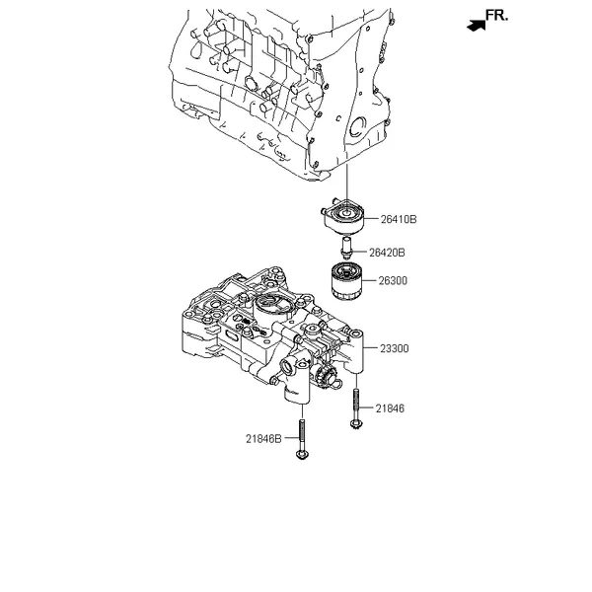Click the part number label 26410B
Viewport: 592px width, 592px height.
tap(400, 219)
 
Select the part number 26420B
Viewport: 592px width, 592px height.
tap(388, 253)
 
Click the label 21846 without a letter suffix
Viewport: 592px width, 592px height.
tap(389, 407)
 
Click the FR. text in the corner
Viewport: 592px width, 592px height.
tap(498, 16)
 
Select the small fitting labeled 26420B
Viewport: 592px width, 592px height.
tap(346, 247)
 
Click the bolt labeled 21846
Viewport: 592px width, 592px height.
tap(354, 409)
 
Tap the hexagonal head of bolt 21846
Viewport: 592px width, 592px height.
tap(354, 426)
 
